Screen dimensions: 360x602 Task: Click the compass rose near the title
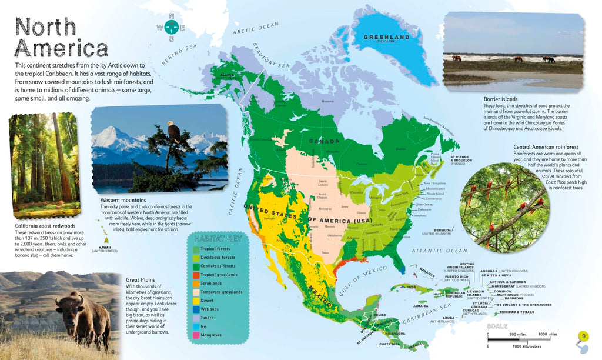coord(171,27)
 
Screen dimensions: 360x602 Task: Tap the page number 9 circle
coord(583,336)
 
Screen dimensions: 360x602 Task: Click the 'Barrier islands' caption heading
coord(500,99)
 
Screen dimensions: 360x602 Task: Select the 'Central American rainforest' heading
coord(546,146)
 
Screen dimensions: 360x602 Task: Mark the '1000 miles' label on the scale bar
coord(547,334)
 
